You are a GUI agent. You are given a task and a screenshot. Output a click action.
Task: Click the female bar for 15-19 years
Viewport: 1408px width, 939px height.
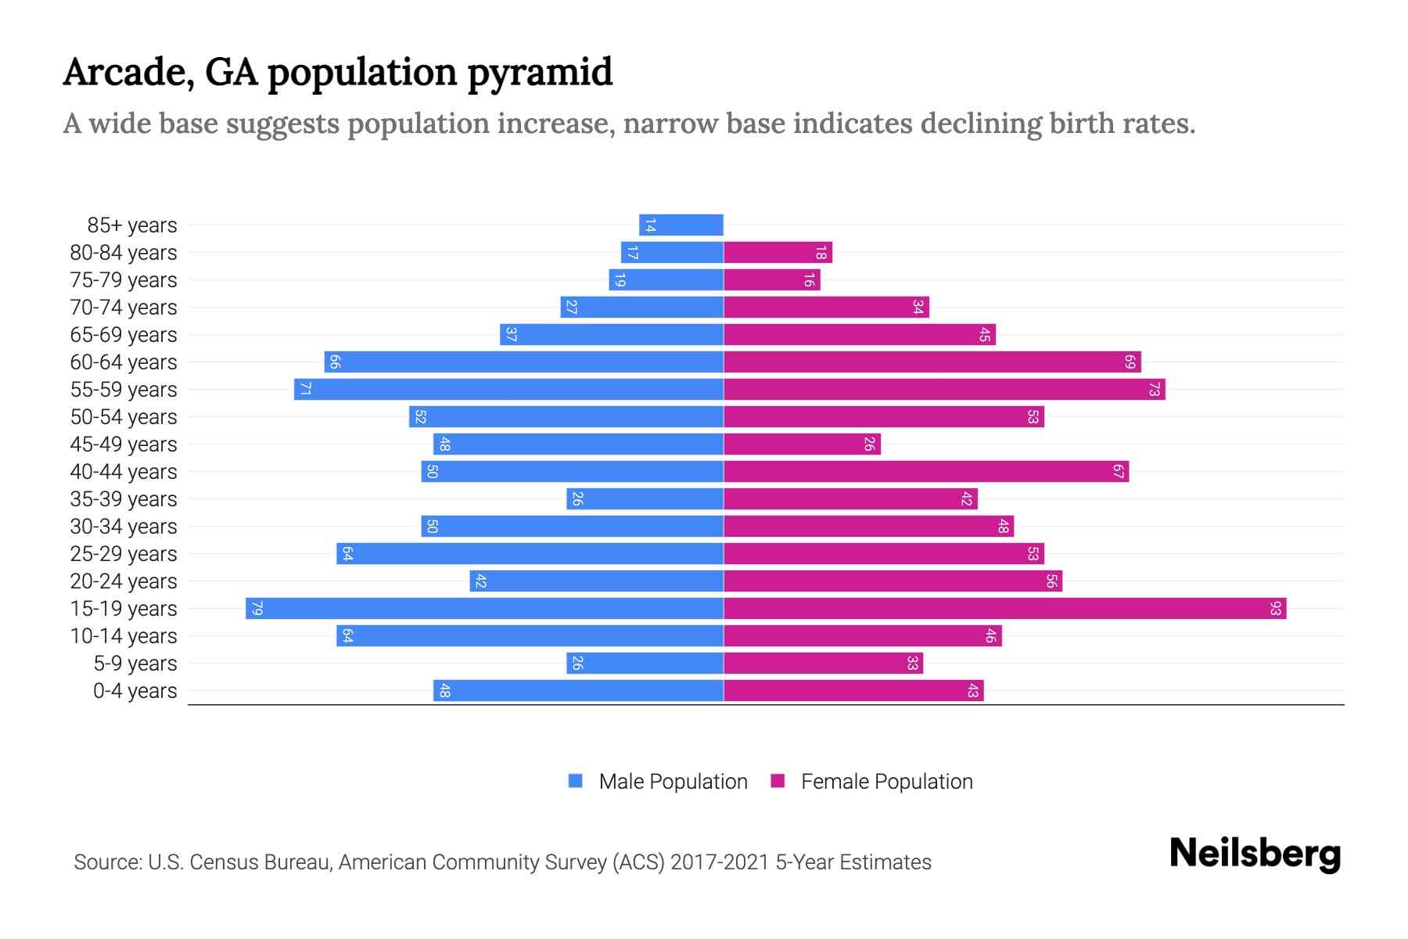pyautogui.click(x=1004, y=608)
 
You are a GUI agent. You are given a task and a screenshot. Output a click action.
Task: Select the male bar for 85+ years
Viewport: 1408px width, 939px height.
pyautogui.click(x=681, y=225)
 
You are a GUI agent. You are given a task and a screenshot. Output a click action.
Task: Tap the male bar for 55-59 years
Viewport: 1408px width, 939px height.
pyautogui.click(x=508, y=389)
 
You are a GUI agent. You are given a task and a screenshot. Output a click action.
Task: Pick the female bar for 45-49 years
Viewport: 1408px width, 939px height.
pyautogui.click(x=802, y=444)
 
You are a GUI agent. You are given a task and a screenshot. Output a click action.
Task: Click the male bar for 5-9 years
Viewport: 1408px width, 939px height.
pyautogui.click(x=645, y=663)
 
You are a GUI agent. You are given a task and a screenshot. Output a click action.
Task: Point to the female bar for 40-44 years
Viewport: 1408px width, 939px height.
pyautogui.click(x=926, y=471)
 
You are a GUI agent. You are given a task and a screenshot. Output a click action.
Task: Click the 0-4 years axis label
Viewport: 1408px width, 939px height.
pyautogui.click(x=135, y=691)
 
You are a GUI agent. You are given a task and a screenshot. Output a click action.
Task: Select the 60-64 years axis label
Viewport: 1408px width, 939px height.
pyautogui.click(x=124, y=362)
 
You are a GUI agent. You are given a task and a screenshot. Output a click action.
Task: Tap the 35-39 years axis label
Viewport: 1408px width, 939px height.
pyautogui.click(x=124, y=499)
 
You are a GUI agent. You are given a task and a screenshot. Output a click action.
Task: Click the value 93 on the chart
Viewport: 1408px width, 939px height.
pyautogui.click(x=1275, y=609)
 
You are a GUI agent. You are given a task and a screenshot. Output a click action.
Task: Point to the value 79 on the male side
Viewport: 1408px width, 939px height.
pyautogui.click(x=257, y=609)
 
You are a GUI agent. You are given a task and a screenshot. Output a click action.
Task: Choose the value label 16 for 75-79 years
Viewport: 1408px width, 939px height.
pyautogui.click(x=809, y=280)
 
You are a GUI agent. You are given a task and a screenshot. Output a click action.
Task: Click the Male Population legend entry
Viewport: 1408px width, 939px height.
pyautogui.click(x=672, y=781)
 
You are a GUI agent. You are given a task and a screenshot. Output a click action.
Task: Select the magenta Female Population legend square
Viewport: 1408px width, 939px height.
pyautogui.click(x=778, y=781)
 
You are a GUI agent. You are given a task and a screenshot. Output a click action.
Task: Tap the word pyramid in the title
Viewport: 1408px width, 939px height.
pyautogui.click(x=540, y=72)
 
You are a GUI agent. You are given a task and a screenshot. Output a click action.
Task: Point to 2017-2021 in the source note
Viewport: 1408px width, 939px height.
pyautogui.click(x=720, y=862)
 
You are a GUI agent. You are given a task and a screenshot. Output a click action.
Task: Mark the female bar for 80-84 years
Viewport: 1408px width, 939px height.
pyautogui.click(x=778, y=253)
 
